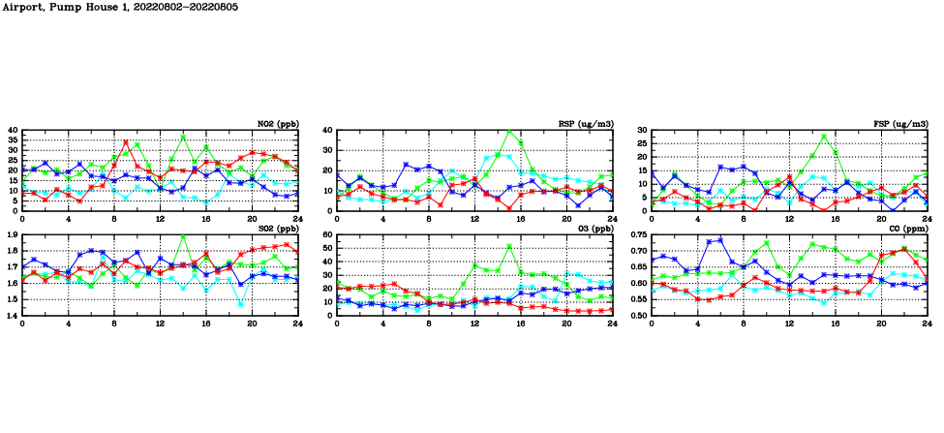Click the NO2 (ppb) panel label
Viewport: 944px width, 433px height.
pyautogui.click(x=278, y=124)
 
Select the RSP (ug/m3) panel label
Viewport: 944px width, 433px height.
pyautogui.click(x=586, y=124)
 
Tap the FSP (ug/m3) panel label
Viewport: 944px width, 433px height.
pyautogui.click(x=900, y=124)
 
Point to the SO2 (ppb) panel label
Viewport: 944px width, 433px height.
pyautogui.click(x=278, y=229)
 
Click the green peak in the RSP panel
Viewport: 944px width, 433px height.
pyautogui.click(x=509, y=131)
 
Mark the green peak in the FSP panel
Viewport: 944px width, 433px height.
pyautogui.click(x=824, y=137)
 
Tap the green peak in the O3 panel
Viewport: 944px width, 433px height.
pyautogui.click(x=509, y=246)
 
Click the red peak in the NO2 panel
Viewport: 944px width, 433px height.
pyautogui.click(x=125, y=142)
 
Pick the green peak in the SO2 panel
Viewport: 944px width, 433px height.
pyautogui.click(x=183, y=236)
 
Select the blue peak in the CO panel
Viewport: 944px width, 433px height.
pyautogui.click(x=719, y=239)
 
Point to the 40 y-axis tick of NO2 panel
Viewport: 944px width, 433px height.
pyautogui.click(x=14, y=131)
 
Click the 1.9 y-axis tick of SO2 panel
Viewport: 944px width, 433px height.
pyautogui.click(x=12, y=235)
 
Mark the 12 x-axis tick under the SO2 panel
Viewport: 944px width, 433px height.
pyautogui.click(x=160, y=324)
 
